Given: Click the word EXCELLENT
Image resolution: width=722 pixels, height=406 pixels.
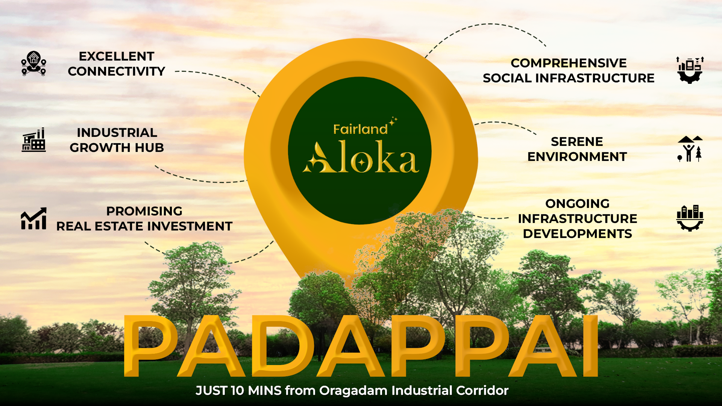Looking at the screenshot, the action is point(117,56).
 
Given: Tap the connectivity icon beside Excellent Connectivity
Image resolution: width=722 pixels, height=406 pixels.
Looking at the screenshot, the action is point(33,63).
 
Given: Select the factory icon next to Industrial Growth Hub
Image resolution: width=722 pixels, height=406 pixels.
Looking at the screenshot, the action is point(33,140).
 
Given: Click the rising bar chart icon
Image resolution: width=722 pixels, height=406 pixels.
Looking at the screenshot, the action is point(33,218).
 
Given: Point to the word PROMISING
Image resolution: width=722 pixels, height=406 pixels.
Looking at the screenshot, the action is point(144,211).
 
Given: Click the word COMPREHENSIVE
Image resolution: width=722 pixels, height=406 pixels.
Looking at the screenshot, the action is point(569,63).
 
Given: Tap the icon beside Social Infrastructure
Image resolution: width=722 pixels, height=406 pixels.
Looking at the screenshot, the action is point(690,70).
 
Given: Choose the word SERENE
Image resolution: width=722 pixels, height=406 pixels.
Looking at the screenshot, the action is point(577,142).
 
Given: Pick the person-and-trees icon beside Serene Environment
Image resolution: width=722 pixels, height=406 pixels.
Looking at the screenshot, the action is point(690,149).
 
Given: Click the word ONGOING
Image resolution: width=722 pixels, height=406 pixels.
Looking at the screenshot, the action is point(578,204).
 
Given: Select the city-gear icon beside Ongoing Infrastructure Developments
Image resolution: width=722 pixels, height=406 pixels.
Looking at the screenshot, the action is point(690,218).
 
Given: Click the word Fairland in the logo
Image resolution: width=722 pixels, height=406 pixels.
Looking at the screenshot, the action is point(360,129).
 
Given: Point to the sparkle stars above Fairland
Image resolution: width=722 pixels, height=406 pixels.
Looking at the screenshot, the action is point(393,121).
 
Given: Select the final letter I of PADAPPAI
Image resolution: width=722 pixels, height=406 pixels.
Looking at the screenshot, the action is point(590,346).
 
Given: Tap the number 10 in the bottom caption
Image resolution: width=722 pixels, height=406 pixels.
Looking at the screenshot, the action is point(238,391).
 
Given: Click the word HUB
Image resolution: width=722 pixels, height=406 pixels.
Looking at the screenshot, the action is point(149,148).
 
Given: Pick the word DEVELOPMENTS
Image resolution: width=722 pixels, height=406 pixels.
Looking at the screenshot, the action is point(578,234).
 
